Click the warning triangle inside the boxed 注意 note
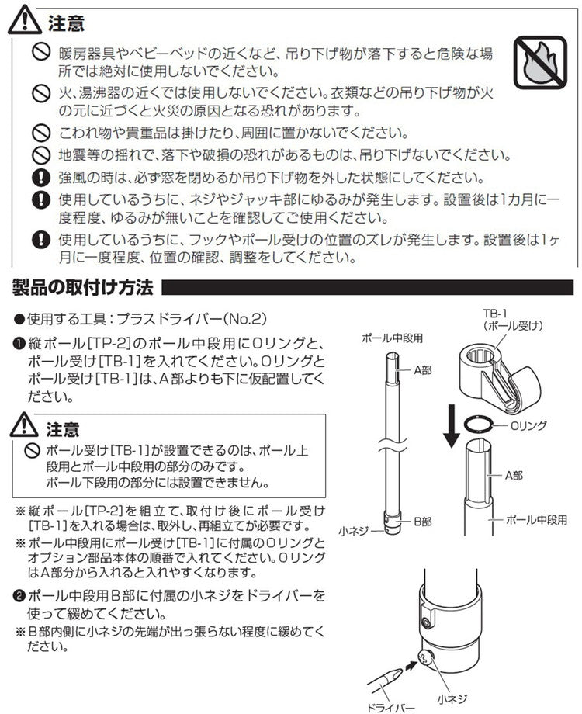(26, 427)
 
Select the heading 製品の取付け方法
(82, 289)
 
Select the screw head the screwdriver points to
(426, 659)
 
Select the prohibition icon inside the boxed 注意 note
(32, 450)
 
